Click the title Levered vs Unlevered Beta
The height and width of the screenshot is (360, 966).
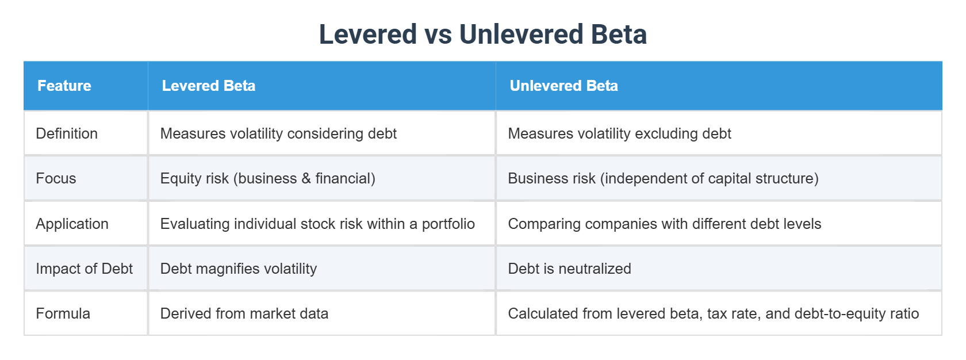tap(482, 35)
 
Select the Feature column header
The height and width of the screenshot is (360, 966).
tap(64, 86)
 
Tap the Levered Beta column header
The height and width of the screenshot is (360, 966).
tap(208, 86)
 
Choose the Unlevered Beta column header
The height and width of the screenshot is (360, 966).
tap(563, 86)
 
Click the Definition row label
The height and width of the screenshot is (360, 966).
tap(67, 133)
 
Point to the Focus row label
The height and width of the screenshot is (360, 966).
tap(56, 178)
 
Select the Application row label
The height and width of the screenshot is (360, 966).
tap(72, 224)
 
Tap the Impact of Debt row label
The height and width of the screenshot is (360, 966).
tap(84, 269)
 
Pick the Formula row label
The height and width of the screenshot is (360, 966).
tap(63, 313)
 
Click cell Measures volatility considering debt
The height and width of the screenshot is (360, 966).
tap(278, 133)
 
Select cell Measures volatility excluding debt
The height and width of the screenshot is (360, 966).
tap(619, 133)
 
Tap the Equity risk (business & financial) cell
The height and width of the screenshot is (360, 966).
tap(267, 178)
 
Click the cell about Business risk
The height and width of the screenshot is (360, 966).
tap(663, 178)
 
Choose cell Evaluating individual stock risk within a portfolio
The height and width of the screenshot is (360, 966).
tap(317, 224)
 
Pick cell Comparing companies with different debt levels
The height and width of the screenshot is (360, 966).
tap(664, 224)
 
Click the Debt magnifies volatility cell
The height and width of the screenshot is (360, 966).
tap(238, 269)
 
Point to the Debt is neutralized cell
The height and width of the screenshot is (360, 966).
tap(569, 269)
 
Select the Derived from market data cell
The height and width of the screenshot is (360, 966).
tap(244, 313)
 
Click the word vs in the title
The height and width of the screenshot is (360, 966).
tap(438, 35)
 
